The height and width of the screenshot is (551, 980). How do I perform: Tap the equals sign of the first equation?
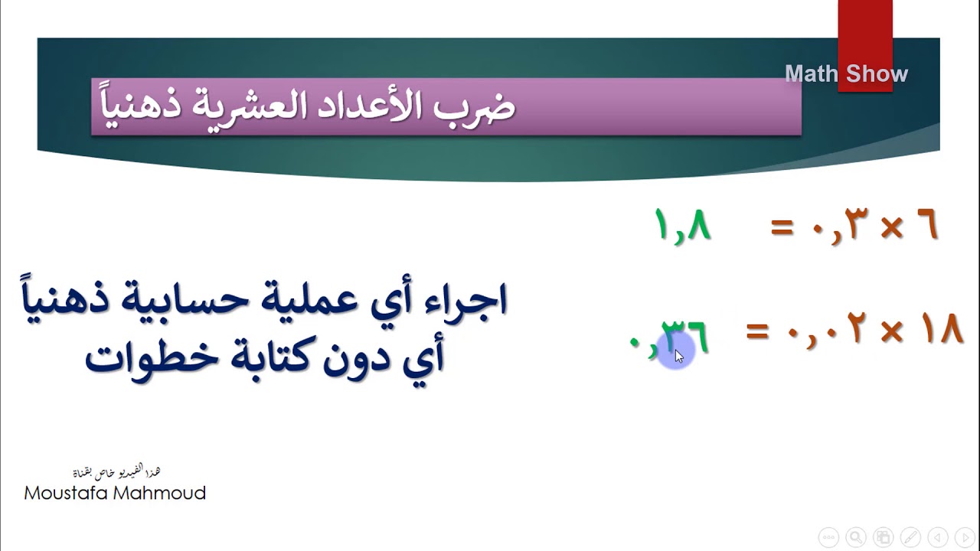tap(781, 228)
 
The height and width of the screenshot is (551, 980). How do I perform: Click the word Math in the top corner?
tap(811, 74)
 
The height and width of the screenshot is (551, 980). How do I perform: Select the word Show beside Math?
tap(877, 74)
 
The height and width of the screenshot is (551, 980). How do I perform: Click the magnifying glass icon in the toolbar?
tap(855, 537)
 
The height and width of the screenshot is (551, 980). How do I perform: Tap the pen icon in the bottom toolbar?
tap(910, 537)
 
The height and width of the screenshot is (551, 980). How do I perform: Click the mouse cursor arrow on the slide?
tap(678, 356)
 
